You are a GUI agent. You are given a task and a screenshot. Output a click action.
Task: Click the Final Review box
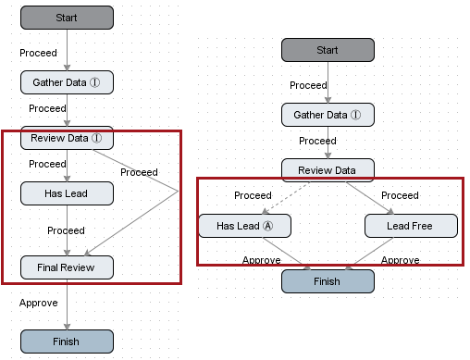tap(67, 267)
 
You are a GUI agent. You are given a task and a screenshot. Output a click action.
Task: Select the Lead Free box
tap(411, 226)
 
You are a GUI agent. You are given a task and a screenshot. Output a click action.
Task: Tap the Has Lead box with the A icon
tap(244, 226)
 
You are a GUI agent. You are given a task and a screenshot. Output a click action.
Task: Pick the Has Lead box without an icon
tap(67, 193)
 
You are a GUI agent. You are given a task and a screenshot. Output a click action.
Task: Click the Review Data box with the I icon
tap(67, 138)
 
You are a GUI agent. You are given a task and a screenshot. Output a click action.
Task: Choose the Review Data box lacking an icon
tap(328, 170)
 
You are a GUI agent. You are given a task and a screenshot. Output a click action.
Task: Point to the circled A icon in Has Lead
tap(267, 226)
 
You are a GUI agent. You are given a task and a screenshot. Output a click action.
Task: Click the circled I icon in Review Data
tap(96, 138)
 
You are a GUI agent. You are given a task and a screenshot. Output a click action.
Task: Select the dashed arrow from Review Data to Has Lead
tap(287, 198)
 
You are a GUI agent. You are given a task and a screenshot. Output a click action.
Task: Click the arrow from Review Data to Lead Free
tap(370, 198)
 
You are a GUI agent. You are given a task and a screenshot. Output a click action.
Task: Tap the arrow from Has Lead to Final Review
tap(67, 230)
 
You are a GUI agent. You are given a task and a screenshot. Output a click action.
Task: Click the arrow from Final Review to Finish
tap(67, 304)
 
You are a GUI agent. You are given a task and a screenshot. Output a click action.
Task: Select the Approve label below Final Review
tap(39, 303)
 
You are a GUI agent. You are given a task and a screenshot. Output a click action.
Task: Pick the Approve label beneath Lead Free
tap(401, 260)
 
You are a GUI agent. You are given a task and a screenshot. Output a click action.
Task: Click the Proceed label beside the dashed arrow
tap(253, 195)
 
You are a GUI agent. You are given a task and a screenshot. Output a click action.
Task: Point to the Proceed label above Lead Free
tap(400, 195)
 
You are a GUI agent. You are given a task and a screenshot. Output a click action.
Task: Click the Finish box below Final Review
tap(67, 341)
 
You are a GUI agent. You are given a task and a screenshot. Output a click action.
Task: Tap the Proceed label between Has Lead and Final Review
tap(66, 230)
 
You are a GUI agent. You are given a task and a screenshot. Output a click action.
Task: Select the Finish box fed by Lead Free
tap(328, 281)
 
